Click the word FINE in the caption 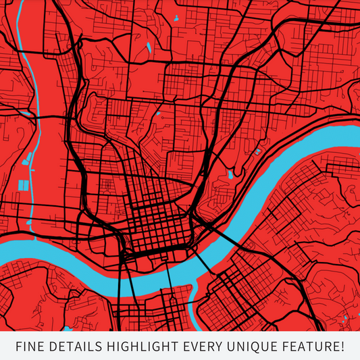(x=30, y=347)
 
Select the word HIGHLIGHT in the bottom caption (x=141, y=347)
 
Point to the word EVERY (x=204, y=347)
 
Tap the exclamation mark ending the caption (x=342, y=347)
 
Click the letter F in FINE (x=19, y=347)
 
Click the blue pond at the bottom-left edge (x=68, y=328)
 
